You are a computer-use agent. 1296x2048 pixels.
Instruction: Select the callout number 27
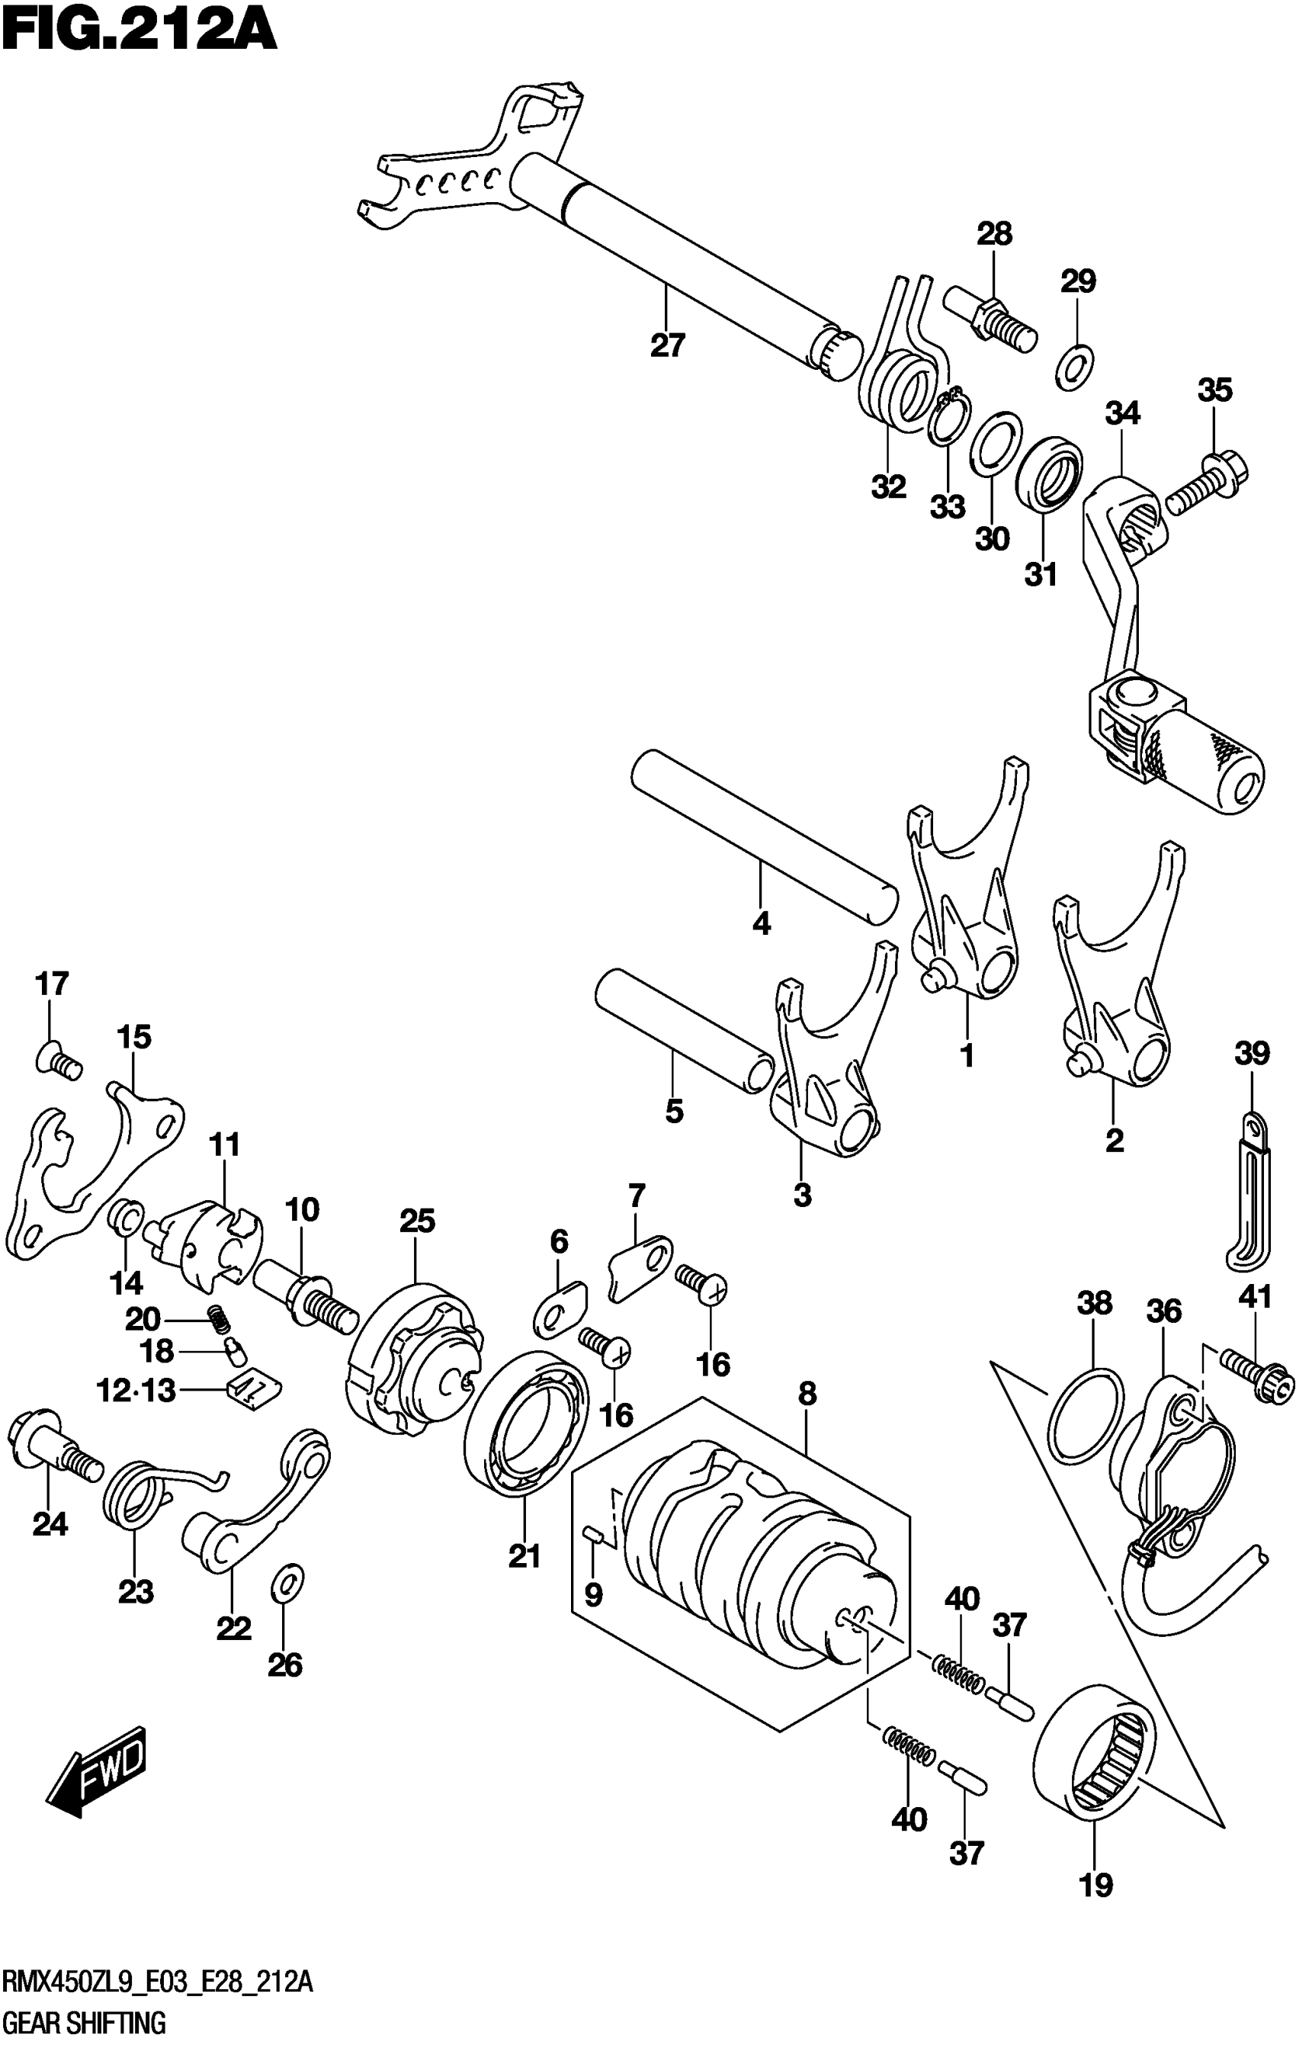tap(668, 346)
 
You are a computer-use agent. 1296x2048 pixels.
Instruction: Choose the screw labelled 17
tap(58, 1061)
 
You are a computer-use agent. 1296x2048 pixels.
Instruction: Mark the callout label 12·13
tap(136, 1392)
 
